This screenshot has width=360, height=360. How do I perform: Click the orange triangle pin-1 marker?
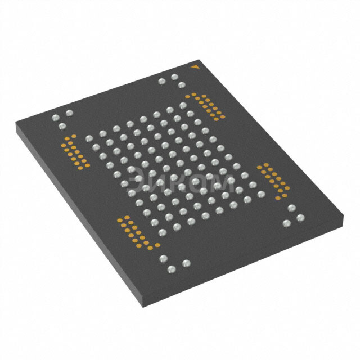pyautogui.click(x=195, y=67)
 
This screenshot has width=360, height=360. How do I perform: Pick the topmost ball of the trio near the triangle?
pyautogui.click(x=175, y=77)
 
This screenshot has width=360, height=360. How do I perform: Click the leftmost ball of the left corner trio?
pyautogui.click(x=56, y=118)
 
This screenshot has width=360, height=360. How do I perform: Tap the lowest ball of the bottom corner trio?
pyautogui.click(x=172, y=269)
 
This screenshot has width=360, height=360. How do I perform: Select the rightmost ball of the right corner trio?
pyautogui.click(x=300, y=218)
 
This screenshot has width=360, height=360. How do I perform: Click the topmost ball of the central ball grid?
pyautogui.click(x=183, y=106)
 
